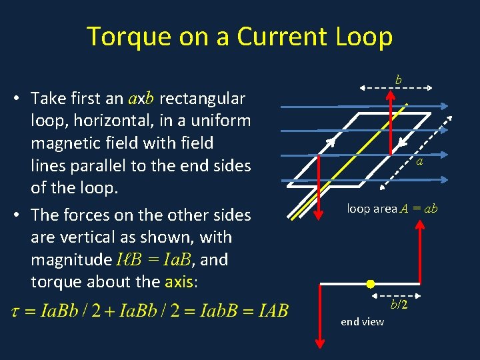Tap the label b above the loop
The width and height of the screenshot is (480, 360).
pyautogui.click(x=399, y=79)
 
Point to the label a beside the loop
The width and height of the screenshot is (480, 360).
pyautogui.click(x=419, y=161)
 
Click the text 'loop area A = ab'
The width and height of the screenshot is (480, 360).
pyautogui.click(x=392, y=209)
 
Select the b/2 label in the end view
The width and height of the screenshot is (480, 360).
pyautogui.click(x=399, y=305)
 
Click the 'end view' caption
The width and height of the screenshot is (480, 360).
pyautogui.click(x=362, y=322)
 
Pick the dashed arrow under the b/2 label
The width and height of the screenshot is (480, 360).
pyautogui.click(x=397, y=295)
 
